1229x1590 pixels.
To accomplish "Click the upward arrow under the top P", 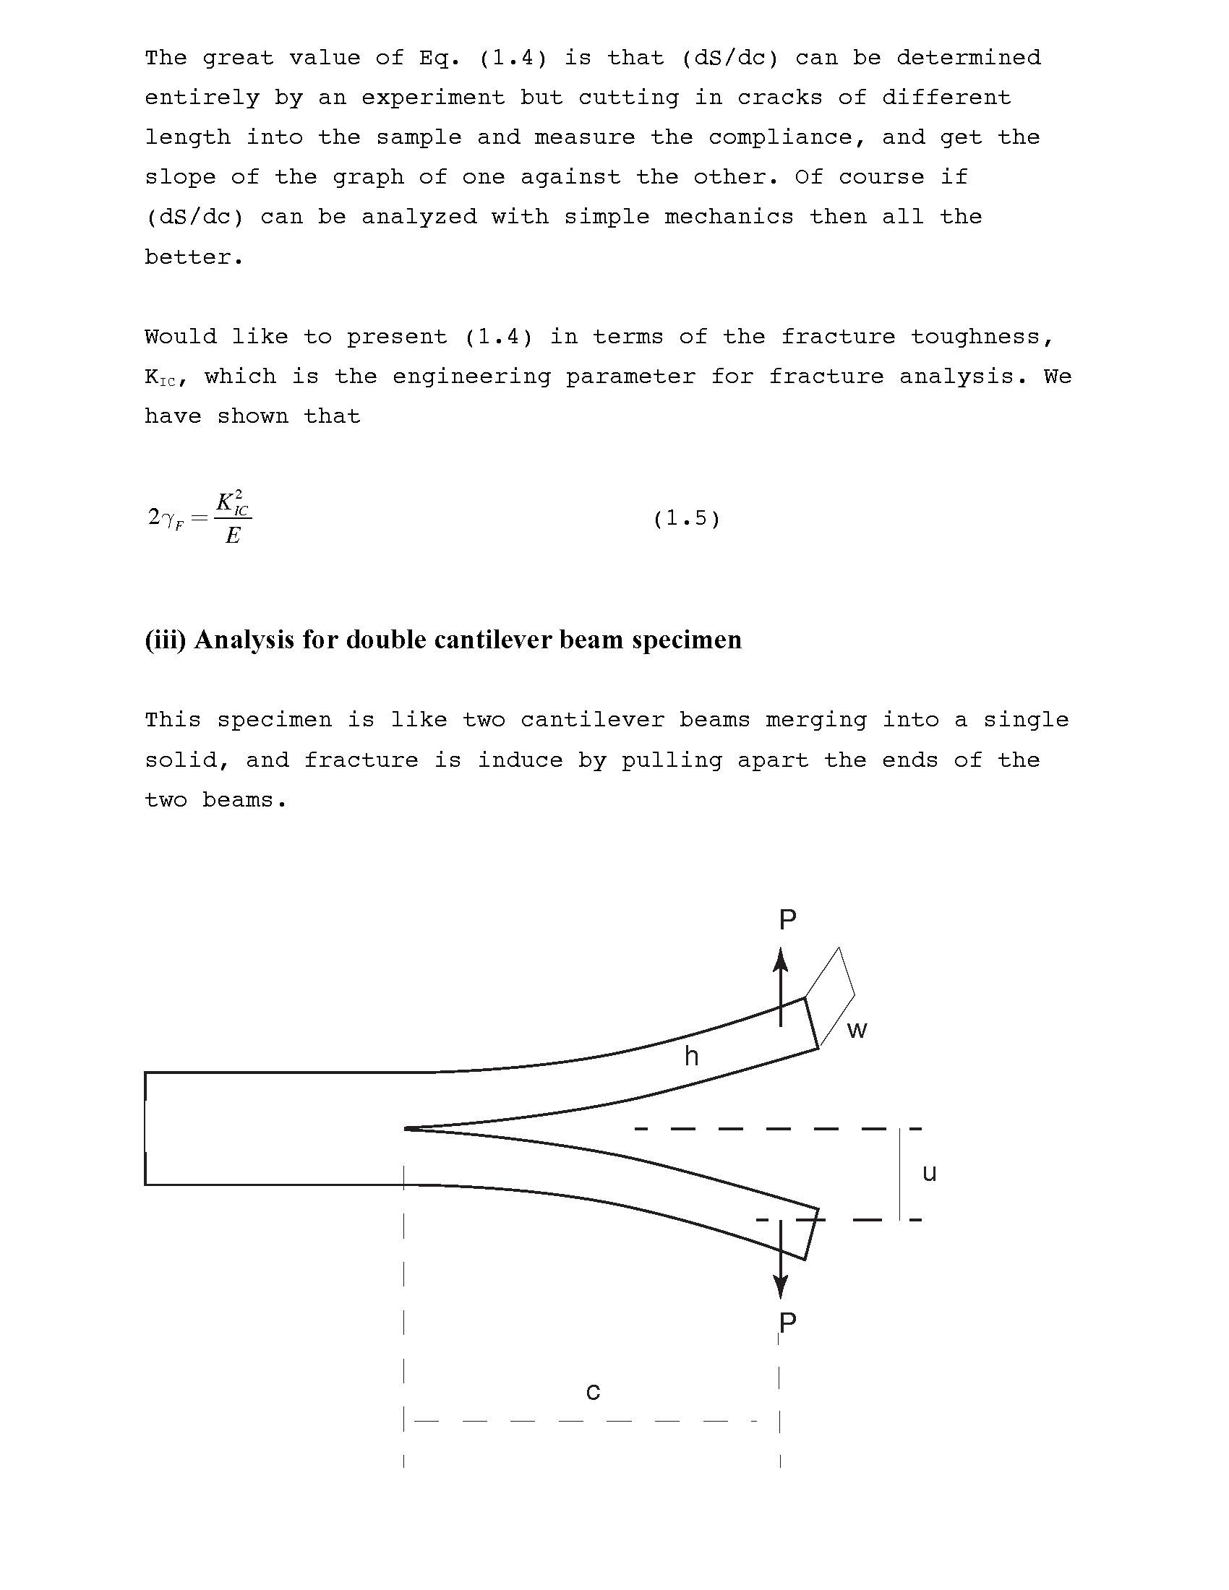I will (x=781, y=986).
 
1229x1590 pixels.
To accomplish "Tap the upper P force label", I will (x=787, y=920).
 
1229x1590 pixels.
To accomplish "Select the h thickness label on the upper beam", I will (x=691, y=1056).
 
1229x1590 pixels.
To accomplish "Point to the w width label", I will (x=857, y=1029).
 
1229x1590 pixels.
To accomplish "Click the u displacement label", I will (x=929, y=1173).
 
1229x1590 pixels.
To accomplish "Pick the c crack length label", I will (x=593, y=1391).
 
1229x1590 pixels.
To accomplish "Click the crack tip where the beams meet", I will (x=406, y=1128).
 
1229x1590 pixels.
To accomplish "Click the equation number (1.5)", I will (x=686, y=518).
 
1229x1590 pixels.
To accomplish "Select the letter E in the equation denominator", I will (x=233, y=536).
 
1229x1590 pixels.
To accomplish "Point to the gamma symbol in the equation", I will (x=169, y=517).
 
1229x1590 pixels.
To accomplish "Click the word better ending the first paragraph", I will (x=193, y=257).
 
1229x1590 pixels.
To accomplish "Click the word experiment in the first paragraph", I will (x=433, y=98).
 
